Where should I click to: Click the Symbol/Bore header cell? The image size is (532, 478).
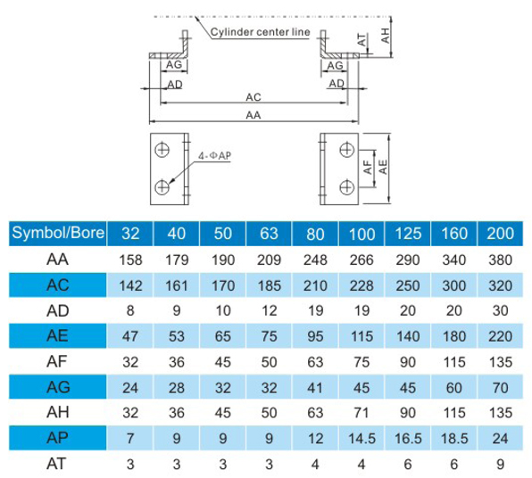[x=58, y=234]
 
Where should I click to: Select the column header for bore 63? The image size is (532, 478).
[x=269, y=234]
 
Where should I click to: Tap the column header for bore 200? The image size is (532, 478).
[x=501, y=234]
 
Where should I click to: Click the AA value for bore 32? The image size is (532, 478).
[x=130, y=260]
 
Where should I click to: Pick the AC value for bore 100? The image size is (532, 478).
[x=362, y=285]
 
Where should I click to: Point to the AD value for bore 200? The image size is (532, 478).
[x=501, y=311]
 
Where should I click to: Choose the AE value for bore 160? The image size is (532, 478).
[x=454, y=336]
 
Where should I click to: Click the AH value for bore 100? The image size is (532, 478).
[x=362, y=413]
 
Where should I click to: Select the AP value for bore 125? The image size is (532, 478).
[x=408, y=439]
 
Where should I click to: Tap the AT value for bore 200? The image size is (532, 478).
[x=501, y=464]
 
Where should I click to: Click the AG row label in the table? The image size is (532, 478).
[x=58, y=387]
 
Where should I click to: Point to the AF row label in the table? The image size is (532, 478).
[x=56, y=361]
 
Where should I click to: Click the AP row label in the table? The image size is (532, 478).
[x=57, y=438]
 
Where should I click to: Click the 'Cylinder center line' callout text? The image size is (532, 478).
[x=261, y=32]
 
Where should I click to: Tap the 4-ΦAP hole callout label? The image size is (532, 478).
[x=215, y=155]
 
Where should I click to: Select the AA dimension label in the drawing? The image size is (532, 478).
[x=254, y=115]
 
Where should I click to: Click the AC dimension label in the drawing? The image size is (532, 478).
[x=254, y=97]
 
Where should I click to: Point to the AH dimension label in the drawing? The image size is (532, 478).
[x=386, y=36]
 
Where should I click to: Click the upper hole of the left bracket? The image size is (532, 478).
[x=162, y=150]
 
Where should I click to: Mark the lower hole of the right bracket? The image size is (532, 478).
[x=346, y=187]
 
